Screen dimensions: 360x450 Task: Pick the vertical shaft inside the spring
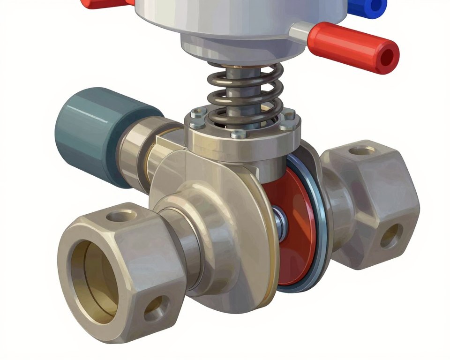(x=244, y=89)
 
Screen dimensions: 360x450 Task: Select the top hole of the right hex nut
(x=362, y=151)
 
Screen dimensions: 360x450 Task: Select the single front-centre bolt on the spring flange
(x=239, y=135)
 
